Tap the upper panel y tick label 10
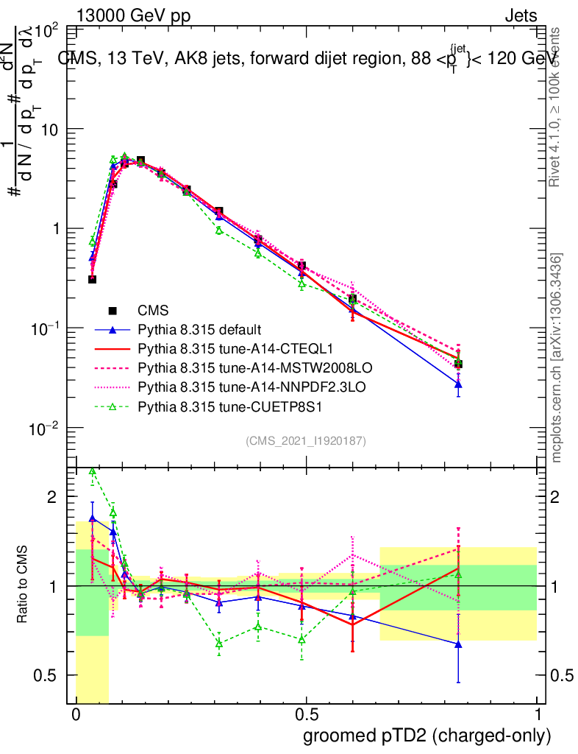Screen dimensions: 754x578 [x=51, y=129]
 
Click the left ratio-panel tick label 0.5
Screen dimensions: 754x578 [x=47, y=675]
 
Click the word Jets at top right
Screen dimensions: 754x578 [x=520, y=15]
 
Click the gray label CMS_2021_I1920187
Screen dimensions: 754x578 [x=306, y=441]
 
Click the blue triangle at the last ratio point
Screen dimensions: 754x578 [x=458, y=644]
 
